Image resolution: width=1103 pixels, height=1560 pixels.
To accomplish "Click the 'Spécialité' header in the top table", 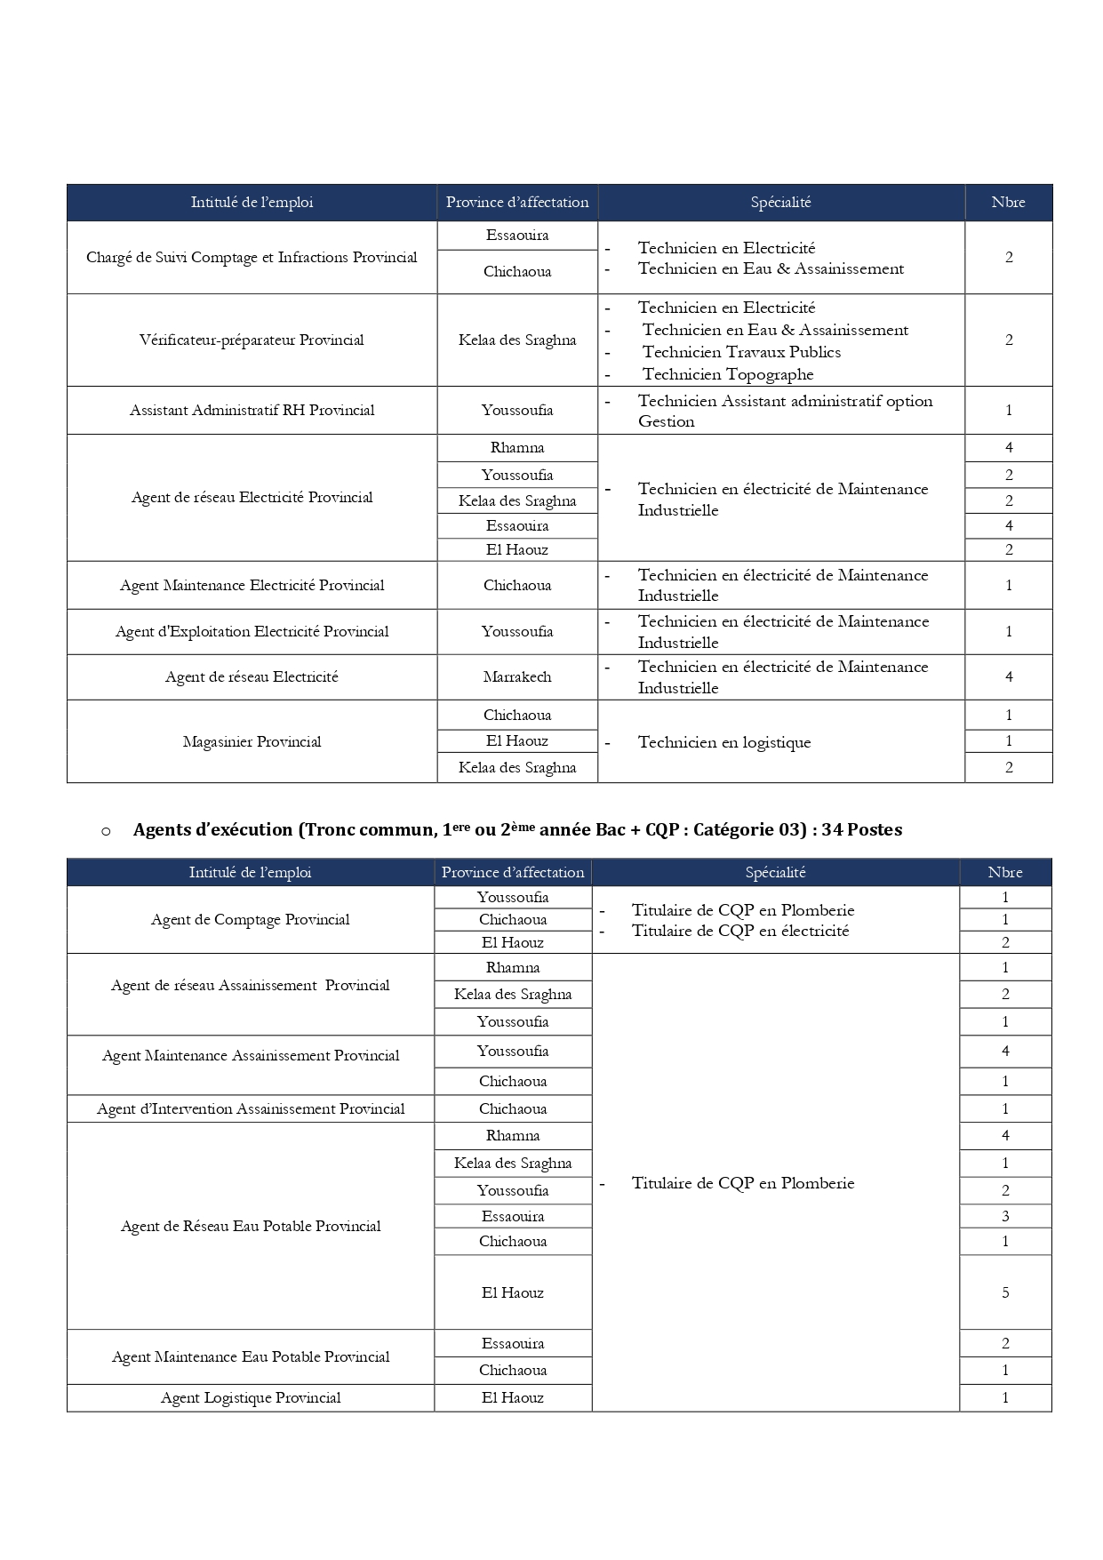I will tap(780, 203).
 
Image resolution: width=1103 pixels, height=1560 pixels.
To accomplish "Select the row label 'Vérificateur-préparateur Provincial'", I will tap(252, 340).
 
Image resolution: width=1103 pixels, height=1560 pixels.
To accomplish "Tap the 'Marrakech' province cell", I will tap(517, 677).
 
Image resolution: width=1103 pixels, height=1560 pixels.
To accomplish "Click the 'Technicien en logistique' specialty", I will tap(723, 743).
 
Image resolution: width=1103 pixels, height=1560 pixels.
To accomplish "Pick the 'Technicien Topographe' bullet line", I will tap(727, 375).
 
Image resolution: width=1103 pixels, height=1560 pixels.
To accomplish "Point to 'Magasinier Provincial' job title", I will tap(252, 742).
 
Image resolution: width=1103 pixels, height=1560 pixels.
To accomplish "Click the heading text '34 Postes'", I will tap(861, 830).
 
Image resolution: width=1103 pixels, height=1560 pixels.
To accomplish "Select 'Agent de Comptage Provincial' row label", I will tap(251, 920).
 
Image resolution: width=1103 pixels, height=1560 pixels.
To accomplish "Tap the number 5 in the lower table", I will tap(1005, 1293).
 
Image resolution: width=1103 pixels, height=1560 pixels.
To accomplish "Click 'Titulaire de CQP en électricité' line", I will tap(739, 932).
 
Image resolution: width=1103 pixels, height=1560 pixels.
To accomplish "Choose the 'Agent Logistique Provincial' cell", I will tap(251, 1398).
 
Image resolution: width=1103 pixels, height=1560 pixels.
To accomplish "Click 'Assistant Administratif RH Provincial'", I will tap(252, 411).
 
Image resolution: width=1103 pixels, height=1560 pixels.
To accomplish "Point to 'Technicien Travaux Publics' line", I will tap(740, 353).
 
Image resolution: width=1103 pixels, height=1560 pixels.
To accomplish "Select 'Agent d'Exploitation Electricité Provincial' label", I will tap(252, 632).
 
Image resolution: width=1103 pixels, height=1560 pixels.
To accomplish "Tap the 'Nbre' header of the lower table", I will tap(1005, 873).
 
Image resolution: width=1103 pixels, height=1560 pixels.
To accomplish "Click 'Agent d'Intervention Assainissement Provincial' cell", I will tap(251, 1109).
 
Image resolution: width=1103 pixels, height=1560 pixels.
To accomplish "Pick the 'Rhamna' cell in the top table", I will tap(517, 448).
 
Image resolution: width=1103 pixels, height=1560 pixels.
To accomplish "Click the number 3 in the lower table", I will tap(1005, 1217).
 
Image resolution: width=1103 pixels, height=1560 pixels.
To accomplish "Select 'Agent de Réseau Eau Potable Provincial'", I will tap(251, 1227).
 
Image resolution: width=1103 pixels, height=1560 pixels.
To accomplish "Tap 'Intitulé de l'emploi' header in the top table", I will tap(252, 203).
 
